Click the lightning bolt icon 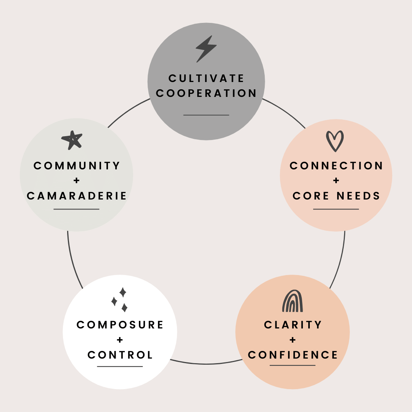click(206, 48)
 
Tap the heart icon click(335, 141)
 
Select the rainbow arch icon click(293, 301)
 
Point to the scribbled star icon click(72, 140)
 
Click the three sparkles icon click(120, 300)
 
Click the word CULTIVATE click(206, 78)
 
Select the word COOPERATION click(206, 93)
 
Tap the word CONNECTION click(336, 166)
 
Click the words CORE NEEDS click(336, 196)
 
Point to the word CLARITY click(293, 325)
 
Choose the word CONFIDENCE click(293, 355)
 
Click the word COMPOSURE click(120, 325)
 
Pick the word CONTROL click(120, 355)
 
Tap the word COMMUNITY click(77, 166)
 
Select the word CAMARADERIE click(77, 196)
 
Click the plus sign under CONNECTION click(336, 181)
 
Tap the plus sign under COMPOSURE click(120, 340)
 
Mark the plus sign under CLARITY click(293, 340)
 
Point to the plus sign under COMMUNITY click(77, 181)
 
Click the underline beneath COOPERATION click(206, 115)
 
